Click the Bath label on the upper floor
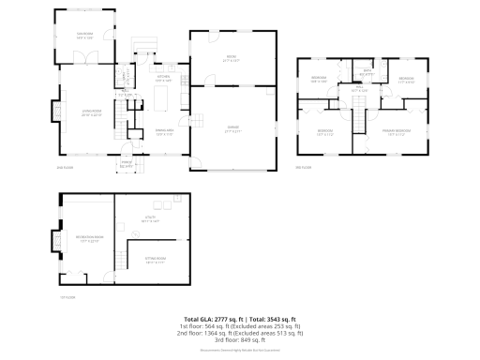pos(367,73)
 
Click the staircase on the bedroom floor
pos(356,120)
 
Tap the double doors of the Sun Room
pos(86,58)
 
